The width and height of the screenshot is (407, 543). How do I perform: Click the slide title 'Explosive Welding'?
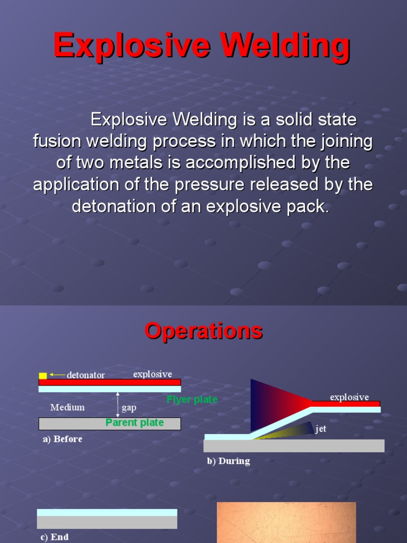(201, 46)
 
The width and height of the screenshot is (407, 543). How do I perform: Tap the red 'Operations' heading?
(203, 331)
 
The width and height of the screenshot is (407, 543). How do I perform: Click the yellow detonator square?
(43, 375)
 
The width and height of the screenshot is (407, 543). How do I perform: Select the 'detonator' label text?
(85, 375)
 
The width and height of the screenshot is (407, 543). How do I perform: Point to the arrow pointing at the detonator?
(57, 375)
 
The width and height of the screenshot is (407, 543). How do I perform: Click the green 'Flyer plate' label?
(192, 399)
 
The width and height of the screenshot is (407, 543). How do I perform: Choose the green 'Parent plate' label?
(135, 423)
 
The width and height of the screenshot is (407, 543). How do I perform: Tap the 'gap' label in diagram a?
(129, 408)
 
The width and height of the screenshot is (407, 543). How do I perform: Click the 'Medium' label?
(67, 407)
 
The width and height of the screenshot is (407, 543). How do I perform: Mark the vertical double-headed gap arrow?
(118, 405)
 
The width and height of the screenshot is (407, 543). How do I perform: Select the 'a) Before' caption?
(63, 439)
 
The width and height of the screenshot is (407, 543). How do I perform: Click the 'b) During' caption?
(228, 461)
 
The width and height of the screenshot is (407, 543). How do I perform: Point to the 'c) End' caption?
(55, 537)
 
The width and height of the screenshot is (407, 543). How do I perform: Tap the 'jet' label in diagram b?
(321, 428)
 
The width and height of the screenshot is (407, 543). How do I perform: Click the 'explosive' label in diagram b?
(349, 397)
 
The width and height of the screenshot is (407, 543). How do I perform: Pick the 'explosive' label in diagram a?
(153, 374)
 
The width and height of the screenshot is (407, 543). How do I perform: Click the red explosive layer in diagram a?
(110, 382)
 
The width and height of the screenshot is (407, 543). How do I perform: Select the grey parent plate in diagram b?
(294, 445)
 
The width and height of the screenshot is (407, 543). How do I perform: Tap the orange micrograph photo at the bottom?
(286, 522)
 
